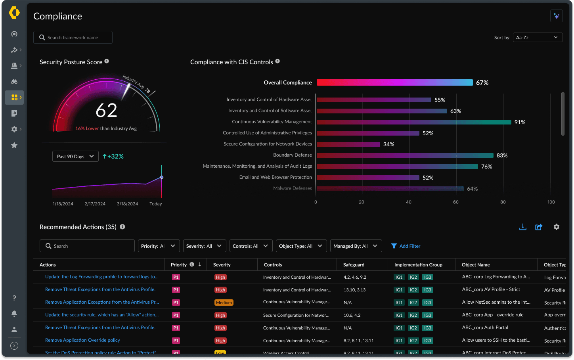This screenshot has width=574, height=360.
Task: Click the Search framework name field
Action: click(x=73, y=37)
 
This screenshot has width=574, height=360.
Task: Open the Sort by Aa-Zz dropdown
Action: click(x=538, y=37)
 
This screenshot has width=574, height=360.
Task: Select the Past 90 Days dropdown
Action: click(x=75, y=156)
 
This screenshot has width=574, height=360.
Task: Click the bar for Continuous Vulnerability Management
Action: click(x=414, y=122)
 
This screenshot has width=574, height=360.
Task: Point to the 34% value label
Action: click(x=388, y=144)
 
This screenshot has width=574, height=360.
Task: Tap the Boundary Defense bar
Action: click(x=405, y=155)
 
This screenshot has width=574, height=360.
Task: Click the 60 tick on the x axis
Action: click(x=456, y=202)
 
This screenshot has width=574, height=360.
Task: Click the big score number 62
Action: click(x=106, y=110)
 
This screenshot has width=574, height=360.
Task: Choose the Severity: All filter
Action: click(x=205, y=246)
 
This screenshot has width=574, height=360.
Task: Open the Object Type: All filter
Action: click(x=301, y=246)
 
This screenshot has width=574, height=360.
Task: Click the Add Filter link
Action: click(x=406, y=246)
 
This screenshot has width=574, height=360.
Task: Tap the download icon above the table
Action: click(x=523, y=227)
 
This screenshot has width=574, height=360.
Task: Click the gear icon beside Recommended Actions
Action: click(x=557, y=227)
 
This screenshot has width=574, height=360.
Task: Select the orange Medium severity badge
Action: click(x=224, y=303)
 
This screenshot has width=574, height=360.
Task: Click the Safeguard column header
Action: click(x=354, y=265)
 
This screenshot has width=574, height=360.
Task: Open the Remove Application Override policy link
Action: click(x=82, y=340)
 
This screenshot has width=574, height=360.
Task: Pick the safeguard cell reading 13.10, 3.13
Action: click(x=354, y=290)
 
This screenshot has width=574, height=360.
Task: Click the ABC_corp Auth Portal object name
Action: click(x=485, y=327)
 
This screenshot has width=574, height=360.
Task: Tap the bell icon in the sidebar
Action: click(x=14, y=314)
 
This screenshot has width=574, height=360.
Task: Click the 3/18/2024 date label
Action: click(x=127, y=204)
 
